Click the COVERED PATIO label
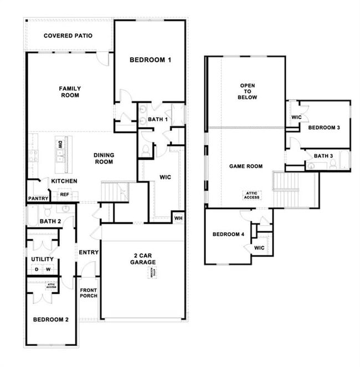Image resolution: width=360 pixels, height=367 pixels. point(68,36)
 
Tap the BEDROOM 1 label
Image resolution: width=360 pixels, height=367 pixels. point(150,60)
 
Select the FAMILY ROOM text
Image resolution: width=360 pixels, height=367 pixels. point(70,92)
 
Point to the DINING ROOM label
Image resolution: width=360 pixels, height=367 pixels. point(104,159)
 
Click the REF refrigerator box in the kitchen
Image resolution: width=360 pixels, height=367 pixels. point(64,195)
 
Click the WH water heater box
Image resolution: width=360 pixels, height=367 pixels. point(178,217)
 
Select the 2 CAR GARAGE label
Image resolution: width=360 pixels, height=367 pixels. point(143,258)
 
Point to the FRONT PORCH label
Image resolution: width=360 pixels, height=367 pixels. point(89,293)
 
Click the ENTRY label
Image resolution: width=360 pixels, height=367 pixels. point(89,253)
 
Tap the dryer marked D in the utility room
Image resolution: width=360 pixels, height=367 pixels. point(37,270)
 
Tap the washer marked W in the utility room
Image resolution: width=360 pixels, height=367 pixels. point(48,270)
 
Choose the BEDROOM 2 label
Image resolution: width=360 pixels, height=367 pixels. point(50,320)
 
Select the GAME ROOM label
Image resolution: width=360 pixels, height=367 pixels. point(246,166)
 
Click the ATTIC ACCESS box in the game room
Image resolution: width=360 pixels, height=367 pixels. point(251,195)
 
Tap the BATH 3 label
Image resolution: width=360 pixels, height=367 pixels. point(323,156)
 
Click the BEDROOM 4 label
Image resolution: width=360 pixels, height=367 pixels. point(228,235)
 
